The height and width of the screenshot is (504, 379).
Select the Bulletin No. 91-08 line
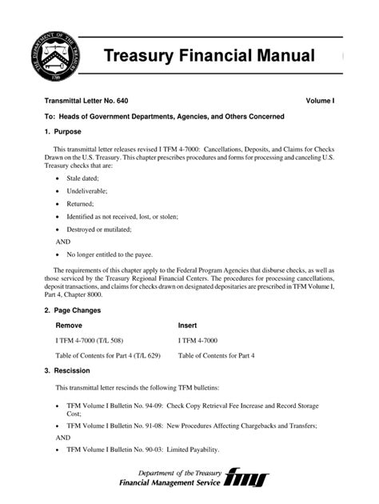coord(191,426)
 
